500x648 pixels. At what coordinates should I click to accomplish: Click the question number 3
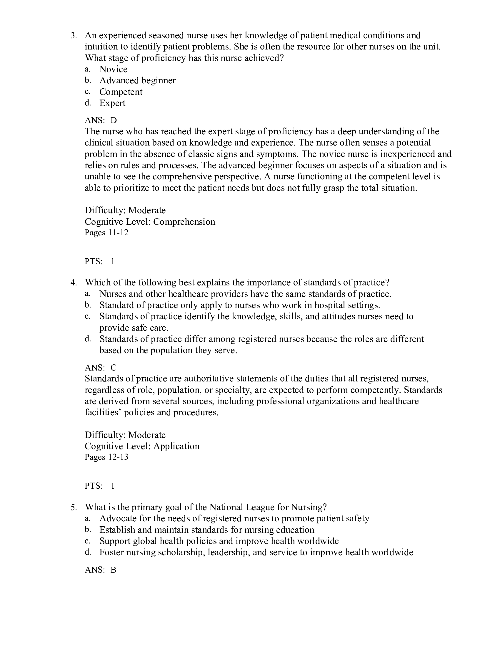coord(74,36)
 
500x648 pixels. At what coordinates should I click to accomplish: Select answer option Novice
coord(113,69)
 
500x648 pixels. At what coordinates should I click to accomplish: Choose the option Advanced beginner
coord(137,80)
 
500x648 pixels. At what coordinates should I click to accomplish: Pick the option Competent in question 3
coord(121,92)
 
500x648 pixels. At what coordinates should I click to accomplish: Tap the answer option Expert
coord(112,103)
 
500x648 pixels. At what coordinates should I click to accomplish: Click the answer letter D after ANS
coord(114,120)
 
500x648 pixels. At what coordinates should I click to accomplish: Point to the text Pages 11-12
coord(107,233)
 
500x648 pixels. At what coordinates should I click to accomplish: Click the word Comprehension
coord(184,221)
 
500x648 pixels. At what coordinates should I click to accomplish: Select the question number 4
coord(74,282)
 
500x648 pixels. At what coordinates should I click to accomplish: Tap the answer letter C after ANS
coord(114,368)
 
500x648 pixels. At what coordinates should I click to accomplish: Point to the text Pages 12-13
coord(107,457)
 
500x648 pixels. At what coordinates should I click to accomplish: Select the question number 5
coord(74,507)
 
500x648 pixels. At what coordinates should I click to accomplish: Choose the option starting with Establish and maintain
coord(207,530)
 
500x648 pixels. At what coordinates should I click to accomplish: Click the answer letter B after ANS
coord(113,570)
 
